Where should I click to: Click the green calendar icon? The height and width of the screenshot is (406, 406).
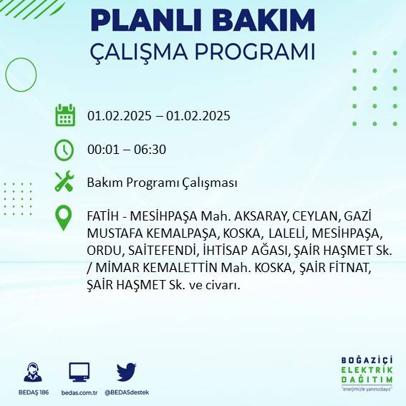(x=65, y=115)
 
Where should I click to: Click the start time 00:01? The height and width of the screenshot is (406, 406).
(x=102, y=150)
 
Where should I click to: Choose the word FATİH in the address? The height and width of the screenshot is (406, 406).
(x=103, y=216)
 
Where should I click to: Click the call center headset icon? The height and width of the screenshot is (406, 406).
(x=33, y=373)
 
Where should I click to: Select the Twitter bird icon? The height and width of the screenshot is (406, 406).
(x=126, y=372)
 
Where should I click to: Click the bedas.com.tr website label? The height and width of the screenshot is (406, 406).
(x=79, y=392)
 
